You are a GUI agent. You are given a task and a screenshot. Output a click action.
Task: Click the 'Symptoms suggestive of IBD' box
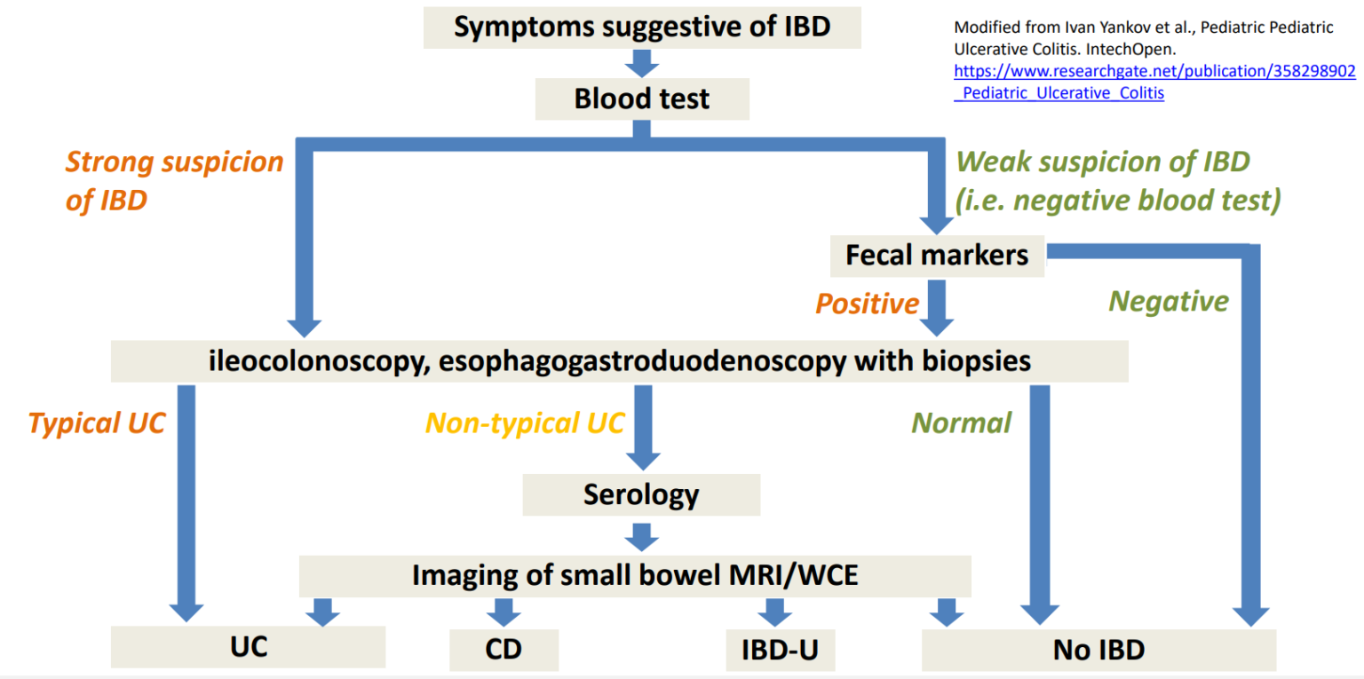pos(642,27)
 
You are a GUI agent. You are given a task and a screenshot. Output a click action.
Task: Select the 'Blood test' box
pos(642,99)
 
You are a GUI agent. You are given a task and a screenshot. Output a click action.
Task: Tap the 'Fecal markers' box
pos(937,256)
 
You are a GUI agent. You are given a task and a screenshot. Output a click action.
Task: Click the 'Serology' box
pos(641,494)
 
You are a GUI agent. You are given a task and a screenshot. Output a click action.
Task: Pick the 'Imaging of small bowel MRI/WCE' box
pos(635,575)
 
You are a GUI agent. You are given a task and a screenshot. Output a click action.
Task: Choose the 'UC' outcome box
pos(248,647)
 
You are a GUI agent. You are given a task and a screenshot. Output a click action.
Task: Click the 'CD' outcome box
pos(504,650)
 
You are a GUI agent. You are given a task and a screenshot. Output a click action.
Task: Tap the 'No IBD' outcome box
pos(1098,650)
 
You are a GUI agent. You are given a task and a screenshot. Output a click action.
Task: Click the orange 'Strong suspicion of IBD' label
pos(174,181)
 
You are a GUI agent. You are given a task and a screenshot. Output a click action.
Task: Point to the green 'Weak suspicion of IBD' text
pos(1102,162)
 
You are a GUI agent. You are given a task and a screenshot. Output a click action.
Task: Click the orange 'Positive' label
pos(867,304)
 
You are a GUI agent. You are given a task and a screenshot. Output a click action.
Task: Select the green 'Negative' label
pos(1169,302)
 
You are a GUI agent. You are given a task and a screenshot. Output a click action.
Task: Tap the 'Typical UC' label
pos(98,423)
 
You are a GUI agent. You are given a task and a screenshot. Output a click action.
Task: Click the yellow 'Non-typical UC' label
pos(525,423)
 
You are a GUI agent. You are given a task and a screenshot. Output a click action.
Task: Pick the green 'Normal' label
pos(961,423)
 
